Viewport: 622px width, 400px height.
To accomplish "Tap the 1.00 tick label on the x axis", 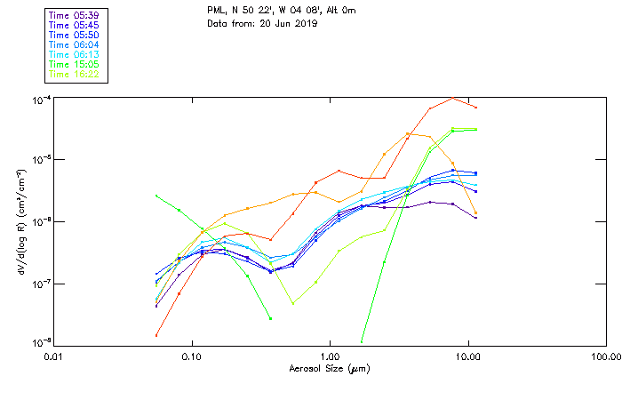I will point(330,356).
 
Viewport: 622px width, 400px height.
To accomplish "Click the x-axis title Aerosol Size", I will point(330,368).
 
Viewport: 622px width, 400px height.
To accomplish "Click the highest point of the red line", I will point(452,98).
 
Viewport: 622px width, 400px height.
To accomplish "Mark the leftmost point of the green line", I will point(156,196).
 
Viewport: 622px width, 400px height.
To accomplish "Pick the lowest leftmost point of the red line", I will point(156,335).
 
